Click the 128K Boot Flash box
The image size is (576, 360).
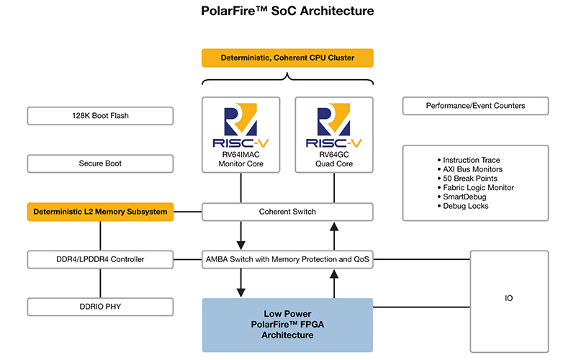[x=100, y=115]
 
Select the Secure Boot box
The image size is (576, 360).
[x=100, y=163]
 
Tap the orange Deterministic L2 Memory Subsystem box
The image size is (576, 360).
[x=100, y=212]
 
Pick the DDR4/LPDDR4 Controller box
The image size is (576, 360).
[x=100, y=259]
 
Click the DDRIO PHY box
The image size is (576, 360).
[x=100, y=307]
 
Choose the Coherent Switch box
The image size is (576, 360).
[x=287, y=212]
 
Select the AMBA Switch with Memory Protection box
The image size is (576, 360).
[x=287, y=259]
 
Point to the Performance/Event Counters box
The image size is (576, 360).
[x=475, y=106]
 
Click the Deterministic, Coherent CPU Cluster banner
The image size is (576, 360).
[x=287, y=58]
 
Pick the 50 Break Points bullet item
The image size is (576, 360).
[x=469, y=179]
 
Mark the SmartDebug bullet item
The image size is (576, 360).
[x=464, y=197]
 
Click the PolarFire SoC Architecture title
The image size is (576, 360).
[x=287, y=12]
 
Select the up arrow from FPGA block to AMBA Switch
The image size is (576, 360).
[x=334, y=282]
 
